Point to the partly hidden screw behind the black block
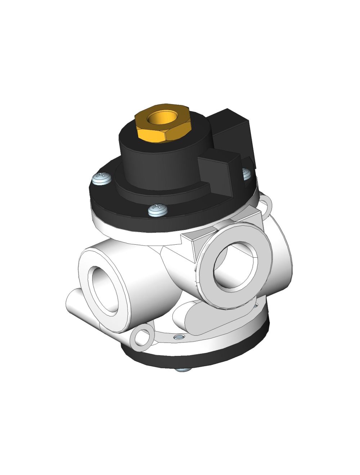point(246,173)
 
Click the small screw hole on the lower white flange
point(177,337)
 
